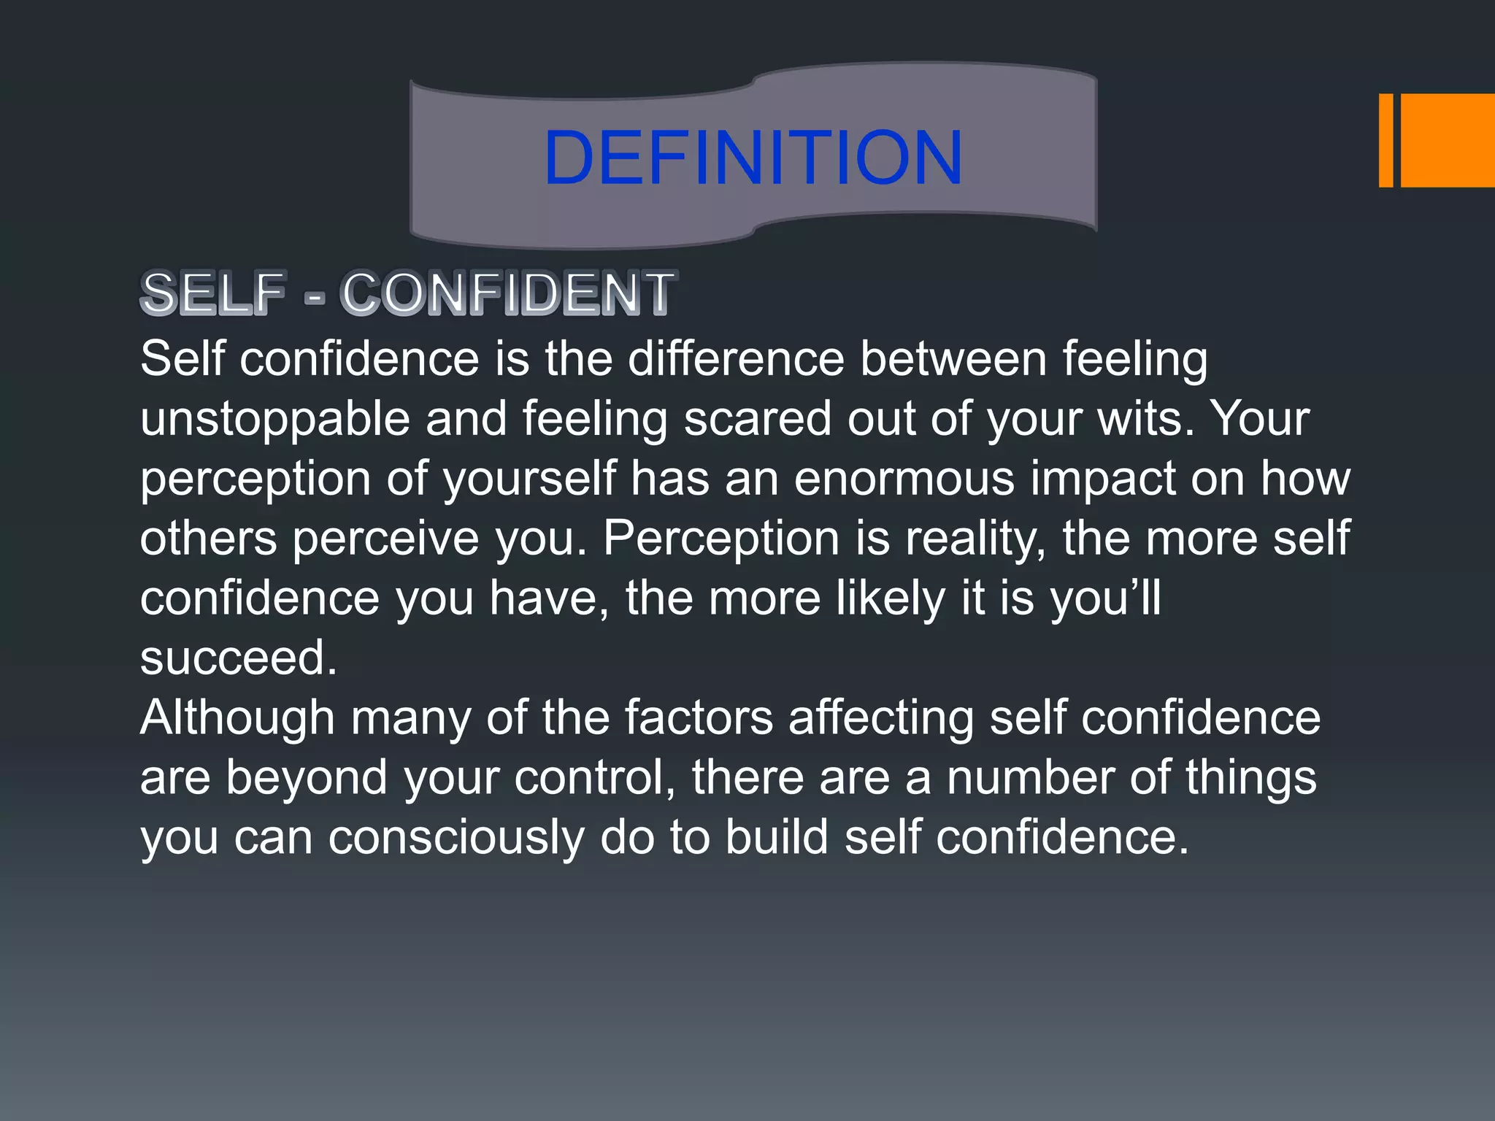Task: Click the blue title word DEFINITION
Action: pyautogui.click(x=753, y=157)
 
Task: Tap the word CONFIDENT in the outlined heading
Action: pyautogui.click(x=508, y=293)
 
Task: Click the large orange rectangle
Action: pyautogui.click(x=1448, y=140)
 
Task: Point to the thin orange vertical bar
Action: pyautogui.click(x=1386, y=140)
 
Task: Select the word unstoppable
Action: pyautogui.click(x=275, y=420)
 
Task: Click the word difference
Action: pyautogui.click(x=736, y=359)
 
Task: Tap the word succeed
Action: pyautogui.click(x=238, y=658)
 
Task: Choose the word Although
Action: pyautogui.click(x=237, y=718)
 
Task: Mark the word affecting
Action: pyautogui.click(x=881, y=718)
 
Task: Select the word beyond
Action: pyautogui.click(x=306, y=778)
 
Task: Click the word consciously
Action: pyautogui.click(x=456, y=838)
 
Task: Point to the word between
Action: pyautogui.click(x=953, y=359)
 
